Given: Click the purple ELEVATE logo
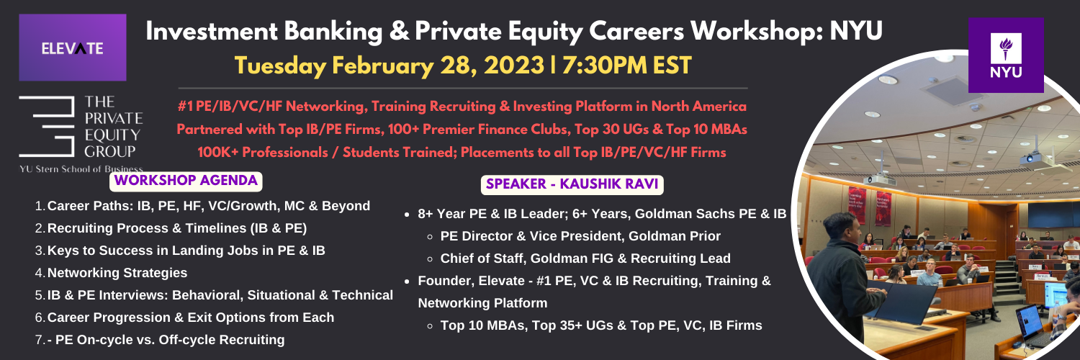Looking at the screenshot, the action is point(72,48).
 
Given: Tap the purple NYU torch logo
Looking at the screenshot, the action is point(1006,55).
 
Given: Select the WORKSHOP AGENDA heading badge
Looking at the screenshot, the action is point(186,181).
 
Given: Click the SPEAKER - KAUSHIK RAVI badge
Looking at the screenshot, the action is point(572,184).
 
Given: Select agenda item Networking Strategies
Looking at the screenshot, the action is point(117,273).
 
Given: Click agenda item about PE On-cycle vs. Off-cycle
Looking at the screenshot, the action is point(166,340).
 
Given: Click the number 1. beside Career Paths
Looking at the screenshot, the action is point(40,206).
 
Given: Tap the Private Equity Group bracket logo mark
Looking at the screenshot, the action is point(47,126).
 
